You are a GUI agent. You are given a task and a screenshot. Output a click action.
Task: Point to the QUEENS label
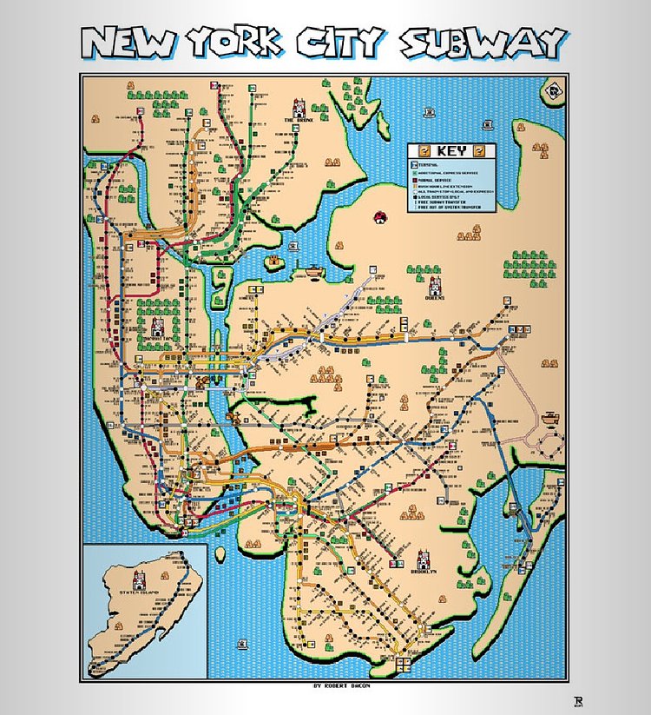(x=435, y=297)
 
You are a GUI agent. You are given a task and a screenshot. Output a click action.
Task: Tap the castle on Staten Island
(x=138, y=579)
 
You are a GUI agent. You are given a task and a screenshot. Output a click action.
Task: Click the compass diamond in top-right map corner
(x=552, y=89)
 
